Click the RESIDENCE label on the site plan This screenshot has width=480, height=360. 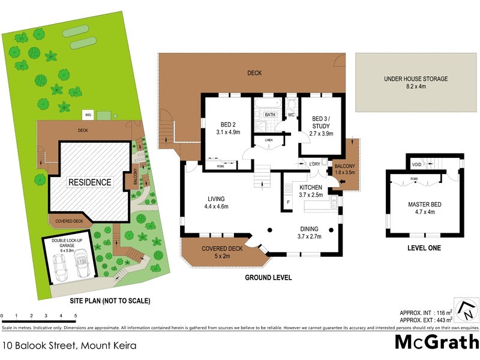point(89,182)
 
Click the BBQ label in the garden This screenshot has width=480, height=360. point(88,113)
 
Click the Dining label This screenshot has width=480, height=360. point(310,228)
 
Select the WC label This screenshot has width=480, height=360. point(290,114)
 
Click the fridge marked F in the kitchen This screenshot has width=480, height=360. point(287,202)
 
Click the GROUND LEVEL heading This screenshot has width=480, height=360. point(268,278)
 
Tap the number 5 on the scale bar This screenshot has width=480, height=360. point(76,316)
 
